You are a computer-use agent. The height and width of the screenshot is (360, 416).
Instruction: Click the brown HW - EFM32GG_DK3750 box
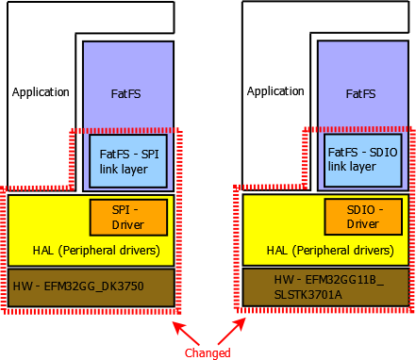pos(91,286)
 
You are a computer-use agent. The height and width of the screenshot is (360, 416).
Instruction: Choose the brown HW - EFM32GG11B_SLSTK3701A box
pos(325,286)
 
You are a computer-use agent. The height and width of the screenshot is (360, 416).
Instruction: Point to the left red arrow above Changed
pos(186,331)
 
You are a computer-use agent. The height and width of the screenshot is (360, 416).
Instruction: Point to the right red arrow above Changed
pos(233,331)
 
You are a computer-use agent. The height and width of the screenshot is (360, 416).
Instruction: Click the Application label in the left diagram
pos(41,92)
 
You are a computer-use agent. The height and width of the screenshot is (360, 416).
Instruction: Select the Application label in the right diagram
pos(275,92)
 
